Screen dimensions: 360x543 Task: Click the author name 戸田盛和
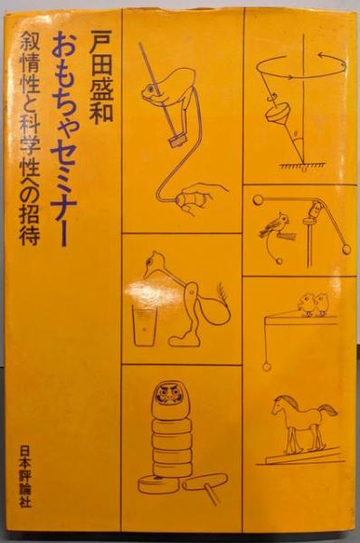pos(100,77)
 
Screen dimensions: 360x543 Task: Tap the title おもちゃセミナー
pos(65,138)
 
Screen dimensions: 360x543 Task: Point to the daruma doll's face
pos(166,395)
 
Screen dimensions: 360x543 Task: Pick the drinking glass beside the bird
pos(144,325)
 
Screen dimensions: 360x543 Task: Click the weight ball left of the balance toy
pos(258,199)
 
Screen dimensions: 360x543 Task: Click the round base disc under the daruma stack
pos(158,484)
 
